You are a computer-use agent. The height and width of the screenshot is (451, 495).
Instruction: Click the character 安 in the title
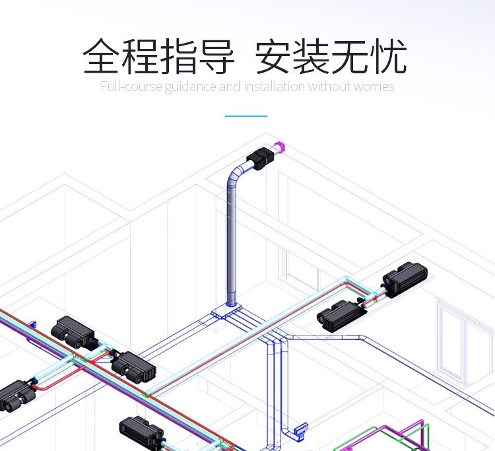[274, 57]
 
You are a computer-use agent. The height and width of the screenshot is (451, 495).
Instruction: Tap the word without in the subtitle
[329, 87]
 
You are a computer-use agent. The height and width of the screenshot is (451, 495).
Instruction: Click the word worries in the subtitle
[374, 87]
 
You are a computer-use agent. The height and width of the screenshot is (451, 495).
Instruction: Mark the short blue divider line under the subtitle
[246, 116]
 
